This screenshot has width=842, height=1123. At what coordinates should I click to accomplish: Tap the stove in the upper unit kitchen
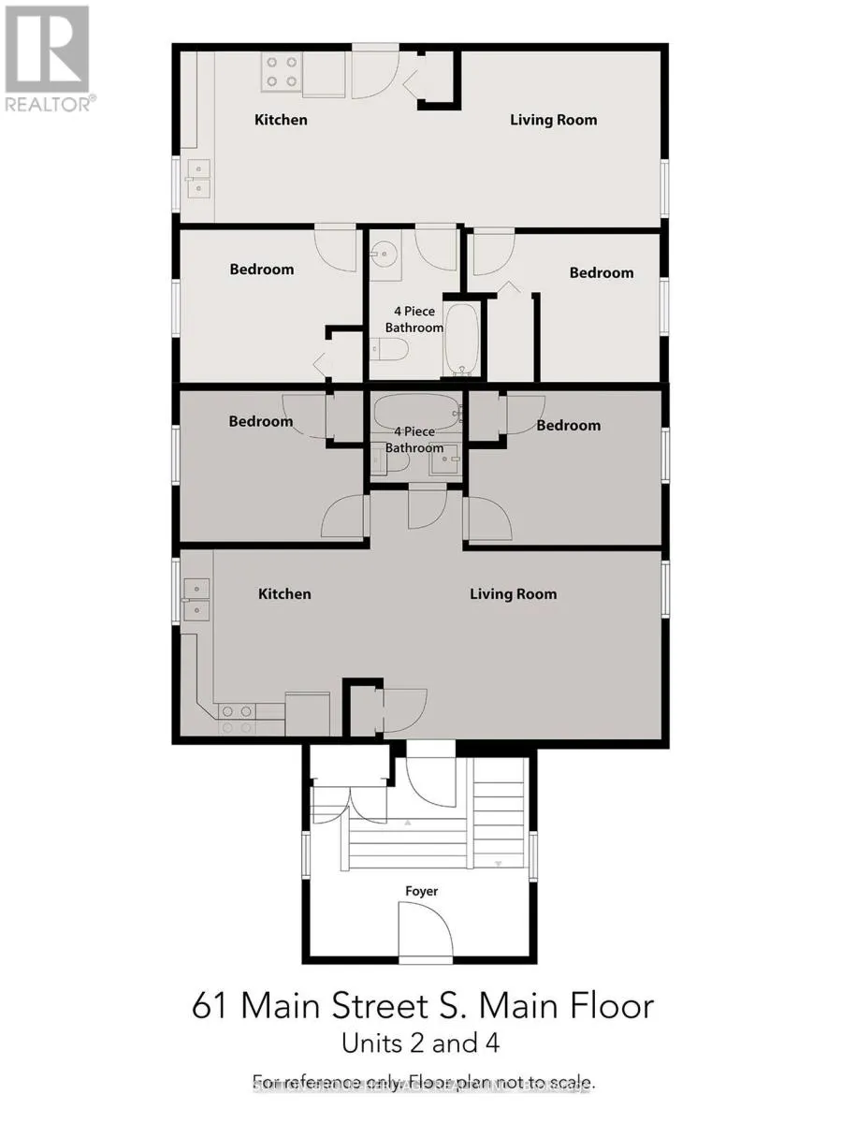(281, 72)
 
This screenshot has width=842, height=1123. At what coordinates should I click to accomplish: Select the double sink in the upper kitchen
(198, 178)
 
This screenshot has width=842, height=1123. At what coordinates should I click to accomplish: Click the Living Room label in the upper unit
(553, 120)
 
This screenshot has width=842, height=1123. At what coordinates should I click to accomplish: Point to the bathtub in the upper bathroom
(462, 337)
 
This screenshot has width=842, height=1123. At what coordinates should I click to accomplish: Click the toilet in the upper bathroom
(390, 350)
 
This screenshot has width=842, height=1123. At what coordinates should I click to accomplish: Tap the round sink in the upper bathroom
(383, 253)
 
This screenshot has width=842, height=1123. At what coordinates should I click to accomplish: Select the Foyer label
(421, 891)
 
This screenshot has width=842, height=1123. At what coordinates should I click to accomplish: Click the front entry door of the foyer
(426, 931)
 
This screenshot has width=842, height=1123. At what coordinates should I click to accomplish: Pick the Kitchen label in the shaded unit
(284, 594)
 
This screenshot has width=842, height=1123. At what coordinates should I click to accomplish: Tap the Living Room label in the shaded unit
(513, 594)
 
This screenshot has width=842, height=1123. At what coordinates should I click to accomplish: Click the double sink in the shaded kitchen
(197, 599)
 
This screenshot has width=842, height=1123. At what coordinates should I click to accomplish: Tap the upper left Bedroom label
(262, 270)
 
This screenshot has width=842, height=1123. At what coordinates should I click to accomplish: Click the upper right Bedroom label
(602, 272)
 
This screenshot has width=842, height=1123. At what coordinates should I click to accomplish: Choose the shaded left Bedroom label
(261, 422)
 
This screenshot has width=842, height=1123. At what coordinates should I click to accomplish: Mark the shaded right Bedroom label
(569, 426)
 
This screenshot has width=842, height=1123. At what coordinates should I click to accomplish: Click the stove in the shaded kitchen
(236, 719)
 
